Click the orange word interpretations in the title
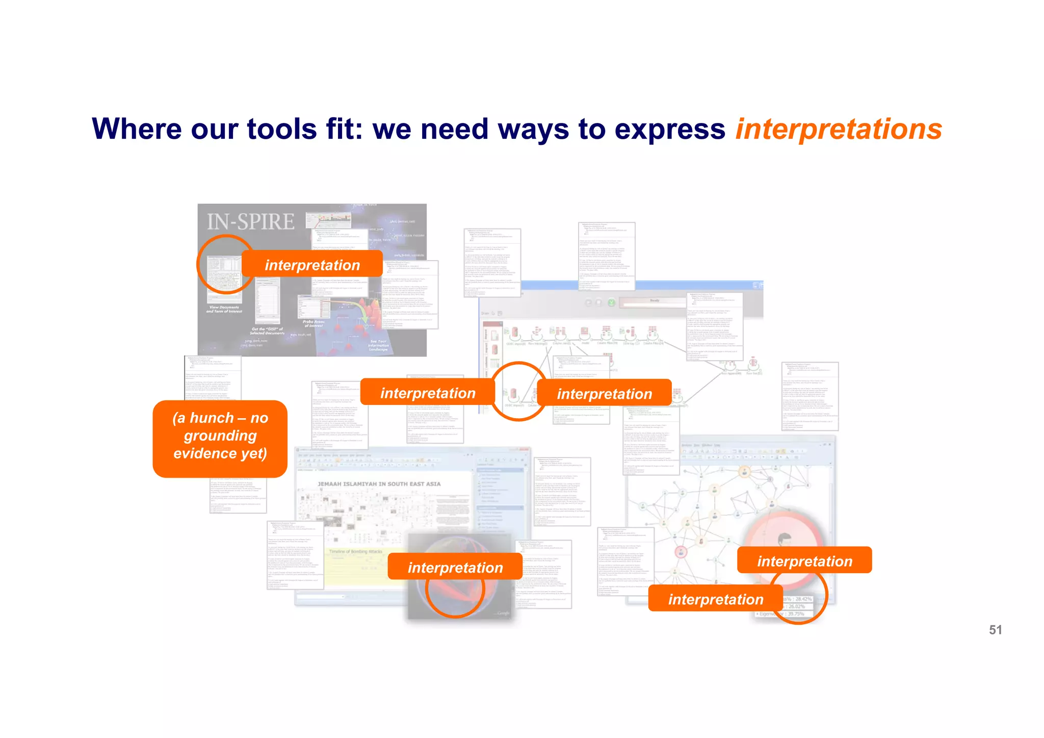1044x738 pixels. (838, 130)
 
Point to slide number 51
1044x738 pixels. (995, 630)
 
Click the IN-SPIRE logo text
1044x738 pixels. (250, 222)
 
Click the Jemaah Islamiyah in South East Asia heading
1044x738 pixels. (379, 484)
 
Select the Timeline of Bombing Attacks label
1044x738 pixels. (355, 552)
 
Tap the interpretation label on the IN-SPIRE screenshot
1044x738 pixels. (312, 265)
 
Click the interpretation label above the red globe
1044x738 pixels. (455, 567)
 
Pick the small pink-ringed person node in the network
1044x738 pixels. (681, 552)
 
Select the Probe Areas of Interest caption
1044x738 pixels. (313, 324)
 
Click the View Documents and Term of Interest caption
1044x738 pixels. (224, 309)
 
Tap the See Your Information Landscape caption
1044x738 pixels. (378, 345)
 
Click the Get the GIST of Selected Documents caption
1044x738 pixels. (267, 332)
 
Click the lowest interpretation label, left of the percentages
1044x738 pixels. (715, 599)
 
